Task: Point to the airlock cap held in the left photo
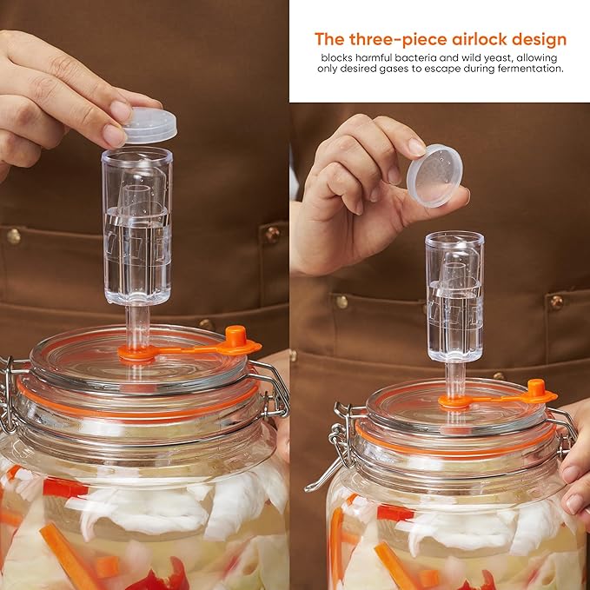(x=151, y=125)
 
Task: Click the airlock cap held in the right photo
(x=434, y=176)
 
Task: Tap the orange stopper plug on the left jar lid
(x=236, y=337)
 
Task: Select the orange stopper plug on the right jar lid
(x=537, y=388)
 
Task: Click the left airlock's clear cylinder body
(x=137, y=226)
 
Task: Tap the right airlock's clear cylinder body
(x=454, y=297)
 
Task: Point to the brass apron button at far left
(x=14, y=236)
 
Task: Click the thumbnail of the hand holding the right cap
(x=416, y=147)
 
